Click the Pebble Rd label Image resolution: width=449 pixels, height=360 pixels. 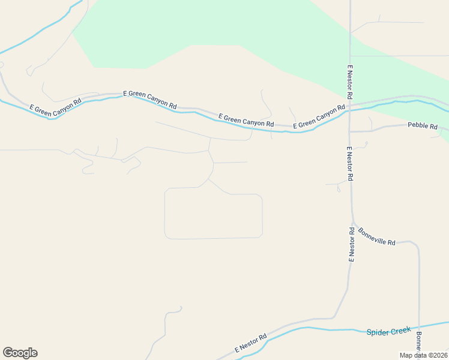(x=423, y=126)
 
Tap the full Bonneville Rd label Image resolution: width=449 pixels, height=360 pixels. (x=377, y=236)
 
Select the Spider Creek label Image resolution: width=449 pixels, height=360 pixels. (x=389, y=331)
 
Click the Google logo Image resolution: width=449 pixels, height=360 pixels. (x=20, y=353)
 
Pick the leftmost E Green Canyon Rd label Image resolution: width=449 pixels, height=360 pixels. (x=55, y=105)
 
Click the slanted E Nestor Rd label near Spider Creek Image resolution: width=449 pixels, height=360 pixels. (x=250, y=344)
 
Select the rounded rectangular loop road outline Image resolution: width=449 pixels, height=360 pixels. (x=213, y=238)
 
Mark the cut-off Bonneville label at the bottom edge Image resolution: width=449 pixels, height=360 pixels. (x=419, y=342)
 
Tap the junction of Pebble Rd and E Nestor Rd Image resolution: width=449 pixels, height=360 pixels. (x=350, y=131)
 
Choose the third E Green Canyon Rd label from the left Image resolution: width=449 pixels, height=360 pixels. (x=246, y=119)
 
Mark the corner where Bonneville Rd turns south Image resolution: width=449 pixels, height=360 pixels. (x=415, y=244)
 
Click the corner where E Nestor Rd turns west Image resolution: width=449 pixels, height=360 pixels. (x=334, y=317)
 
